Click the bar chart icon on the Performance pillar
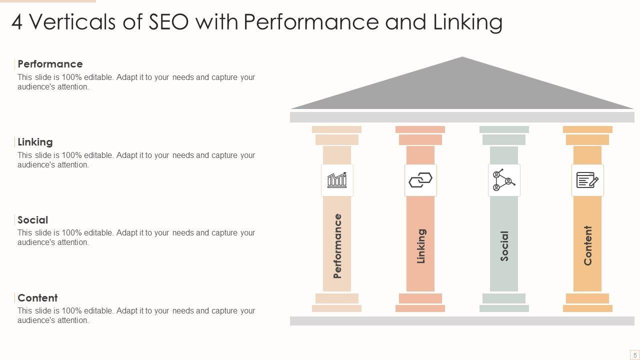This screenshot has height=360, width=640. [x=337, y=180]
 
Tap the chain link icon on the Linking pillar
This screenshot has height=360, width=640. [x=420, y=180]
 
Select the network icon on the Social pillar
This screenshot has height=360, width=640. [x=504, y=180]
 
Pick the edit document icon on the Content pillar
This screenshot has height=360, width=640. [x=587, y=180]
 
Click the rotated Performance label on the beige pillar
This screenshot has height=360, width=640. [x=337, y=245]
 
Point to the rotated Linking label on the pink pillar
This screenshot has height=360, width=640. [x=421, y=245]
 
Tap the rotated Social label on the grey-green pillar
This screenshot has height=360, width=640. [x=504, y=245]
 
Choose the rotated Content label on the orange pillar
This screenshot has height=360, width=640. [x=588, y=245]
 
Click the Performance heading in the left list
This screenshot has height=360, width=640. [x=50, y=64]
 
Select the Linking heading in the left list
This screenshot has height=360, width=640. [x=35, y=142]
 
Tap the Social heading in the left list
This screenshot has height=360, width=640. [x=33, y=220]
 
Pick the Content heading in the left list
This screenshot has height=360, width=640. [x=37, y=298]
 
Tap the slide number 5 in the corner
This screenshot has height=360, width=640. [x=635, y=355]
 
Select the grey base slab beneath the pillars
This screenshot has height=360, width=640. [x=462, y=321]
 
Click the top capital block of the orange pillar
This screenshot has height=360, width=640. [x=587, y=129]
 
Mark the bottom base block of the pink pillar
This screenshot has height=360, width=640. [x=420, y=308]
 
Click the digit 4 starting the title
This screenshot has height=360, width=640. [x=16, y=22]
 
